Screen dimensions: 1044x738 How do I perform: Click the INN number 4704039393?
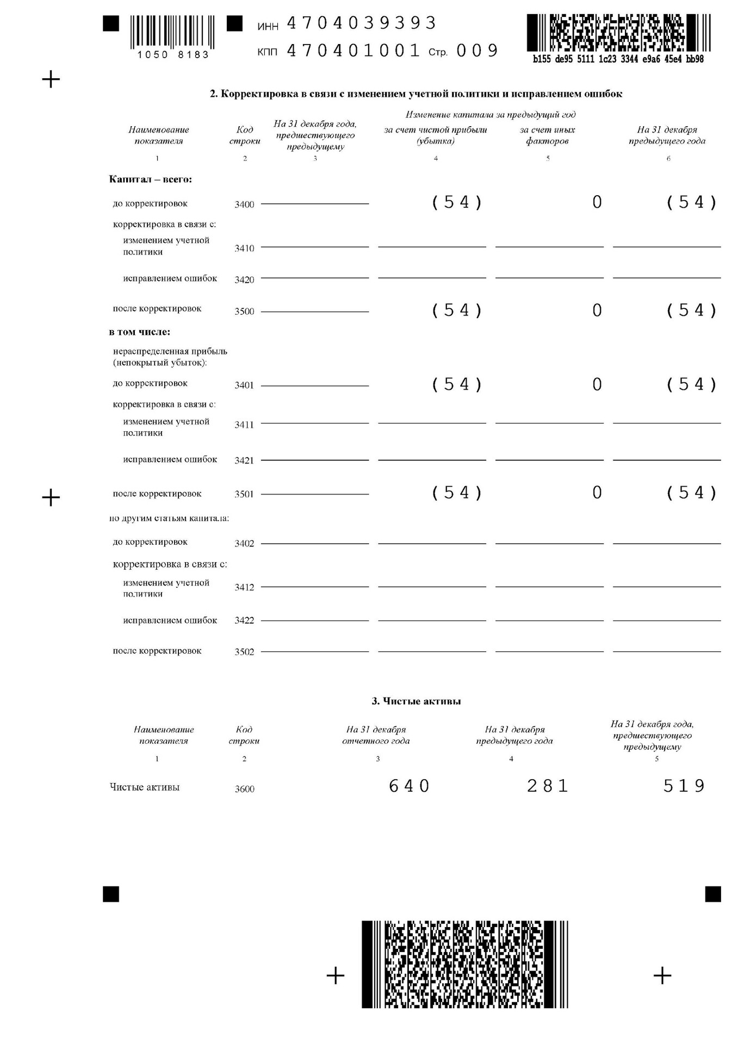361,23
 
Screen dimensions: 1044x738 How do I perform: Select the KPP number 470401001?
354,51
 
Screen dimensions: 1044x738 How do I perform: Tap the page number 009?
477,51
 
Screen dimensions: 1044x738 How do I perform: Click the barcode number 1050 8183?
173,55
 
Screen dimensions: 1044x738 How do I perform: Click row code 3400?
244,204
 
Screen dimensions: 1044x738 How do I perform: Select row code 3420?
244,280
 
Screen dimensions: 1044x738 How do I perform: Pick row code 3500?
244,312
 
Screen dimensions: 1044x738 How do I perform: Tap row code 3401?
244,386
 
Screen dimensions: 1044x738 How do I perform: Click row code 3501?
244,494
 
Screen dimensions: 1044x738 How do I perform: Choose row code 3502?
244,652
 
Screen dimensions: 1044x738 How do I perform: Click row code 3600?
244,789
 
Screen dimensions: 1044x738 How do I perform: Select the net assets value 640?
409,786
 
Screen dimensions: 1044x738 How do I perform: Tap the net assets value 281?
548,786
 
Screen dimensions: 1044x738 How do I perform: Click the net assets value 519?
684,786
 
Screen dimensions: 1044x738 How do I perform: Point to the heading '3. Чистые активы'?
416,701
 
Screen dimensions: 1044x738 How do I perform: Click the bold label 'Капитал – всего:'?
151,179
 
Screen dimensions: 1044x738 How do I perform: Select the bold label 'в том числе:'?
140,332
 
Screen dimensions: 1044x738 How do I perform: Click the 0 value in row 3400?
597,202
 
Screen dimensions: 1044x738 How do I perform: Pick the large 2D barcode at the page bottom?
464,964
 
